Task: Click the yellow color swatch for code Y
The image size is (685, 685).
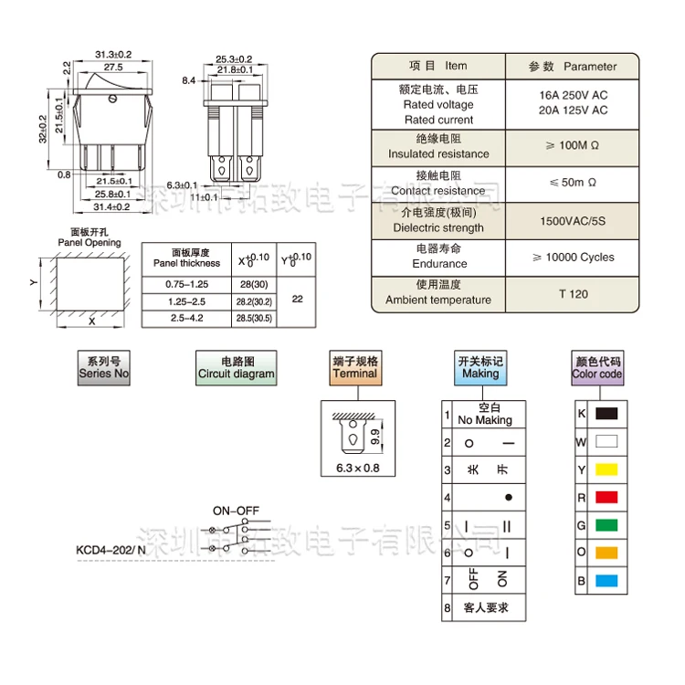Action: tap(606, 469)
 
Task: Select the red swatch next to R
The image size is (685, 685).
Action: tap(606, 498)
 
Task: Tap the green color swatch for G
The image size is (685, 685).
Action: tap(606, 525)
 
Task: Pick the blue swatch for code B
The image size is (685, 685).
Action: tap(606, 581)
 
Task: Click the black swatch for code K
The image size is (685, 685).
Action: tap(606, 414)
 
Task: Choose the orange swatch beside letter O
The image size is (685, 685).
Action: tap(606, 553)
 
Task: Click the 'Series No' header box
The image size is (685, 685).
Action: tap(104, 367)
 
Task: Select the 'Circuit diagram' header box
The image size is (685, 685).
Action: tap(236, 367)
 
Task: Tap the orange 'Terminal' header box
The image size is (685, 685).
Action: tap(354, 367)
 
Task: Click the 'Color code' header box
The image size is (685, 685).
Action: tap(597, 367)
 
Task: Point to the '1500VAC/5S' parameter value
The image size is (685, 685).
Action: tap(573, 222)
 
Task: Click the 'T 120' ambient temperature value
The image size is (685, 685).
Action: tap(573, 294)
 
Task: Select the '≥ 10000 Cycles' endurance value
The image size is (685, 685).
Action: tap(573, 258)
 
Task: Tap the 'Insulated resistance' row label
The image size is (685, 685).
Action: tap(438, 153)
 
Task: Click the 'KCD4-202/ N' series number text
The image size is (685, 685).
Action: tap(111, 551)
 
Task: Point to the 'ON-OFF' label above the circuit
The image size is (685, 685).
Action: tap(236, 511)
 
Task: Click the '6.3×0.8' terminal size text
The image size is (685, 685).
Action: tap(352, 469)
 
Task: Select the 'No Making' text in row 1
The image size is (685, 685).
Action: tap(485, 420)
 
